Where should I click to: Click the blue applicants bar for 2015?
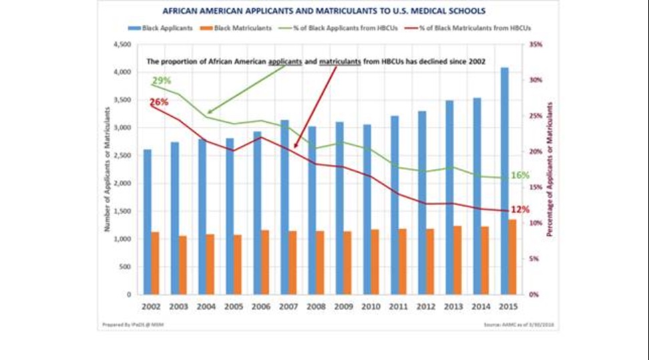tap(505, 180)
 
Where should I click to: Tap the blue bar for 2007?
tap(285, 207)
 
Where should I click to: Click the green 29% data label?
tap(162, 81)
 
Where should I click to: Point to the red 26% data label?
tap(159, 102)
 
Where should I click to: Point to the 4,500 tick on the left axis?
tap(121, 44)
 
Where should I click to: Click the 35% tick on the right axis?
tap(535, 44)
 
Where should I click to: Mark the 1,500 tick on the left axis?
tap(121, 211)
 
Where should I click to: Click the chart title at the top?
tap(324, 11)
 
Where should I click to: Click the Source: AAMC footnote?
tap(515, 325)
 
